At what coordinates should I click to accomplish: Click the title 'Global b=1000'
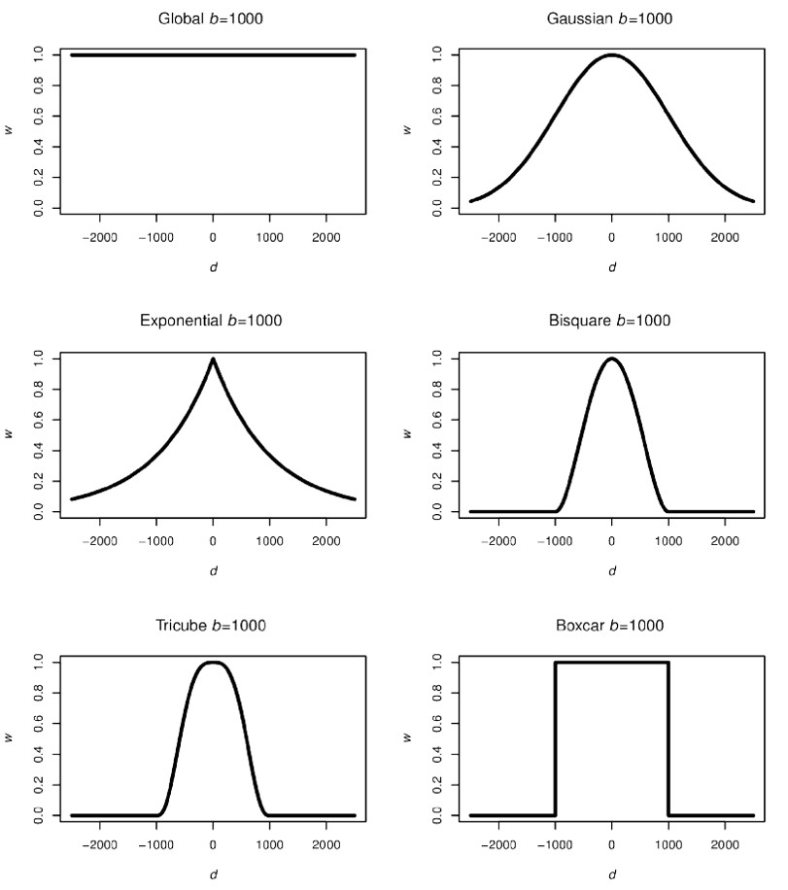213,18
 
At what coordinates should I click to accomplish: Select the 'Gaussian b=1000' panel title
611,18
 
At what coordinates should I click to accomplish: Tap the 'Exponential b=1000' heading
213,321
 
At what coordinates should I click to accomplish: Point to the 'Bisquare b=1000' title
611,321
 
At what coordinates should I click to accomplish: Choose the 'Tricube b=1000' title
213,624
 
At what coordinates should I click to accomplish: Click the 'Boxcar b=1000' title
611,624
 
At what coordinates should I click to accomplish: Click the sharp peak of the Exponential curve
213,359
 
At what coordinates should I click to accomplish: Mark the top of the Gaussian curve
611,55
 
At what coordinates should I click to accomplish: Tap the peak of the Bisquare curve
611,359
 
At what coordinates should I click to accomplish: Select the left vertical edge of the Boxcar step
555,738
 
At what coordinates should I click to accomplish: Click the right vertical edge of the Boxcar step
668,738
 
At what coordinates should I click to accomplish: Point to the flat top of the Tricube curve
213,663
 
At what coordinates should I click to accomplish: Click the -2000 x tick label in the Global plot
100,236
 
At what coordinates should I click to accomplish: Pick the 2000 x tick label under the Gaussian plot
724,236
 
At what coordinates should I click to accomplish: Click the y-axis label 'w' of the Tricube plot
10,738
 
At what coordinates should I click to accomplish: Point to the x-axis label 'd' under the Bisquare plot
611,570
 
